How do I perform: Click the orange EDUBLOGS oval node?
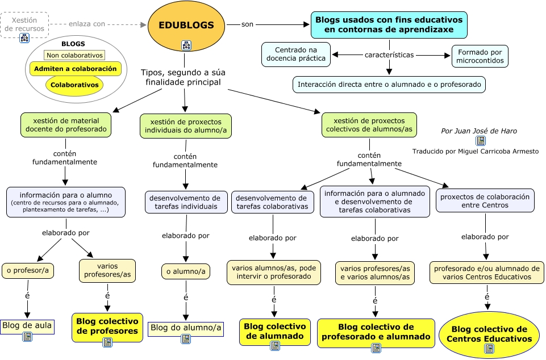[186, 26]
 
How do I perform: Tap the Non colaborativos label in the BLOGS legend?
[75, 55]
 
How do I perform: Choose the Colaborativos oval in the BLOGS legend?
[75, 85]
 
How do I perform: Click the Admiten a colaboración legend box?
[75, 69]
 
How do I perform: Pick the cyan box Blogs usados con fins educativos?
[389, 24]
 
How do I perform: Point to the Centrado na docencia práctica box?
[296, 54]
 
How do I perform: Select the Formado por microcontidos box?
[480, 56]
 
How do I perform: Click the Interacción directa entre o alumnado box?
[390, 85]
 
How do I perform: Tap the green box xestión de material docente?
[66, 125]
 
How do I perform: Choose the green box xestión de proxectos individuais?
[185, 125]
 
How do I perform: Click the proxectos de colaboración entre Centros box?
[485, 201]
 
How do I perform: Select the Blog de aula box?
[27, 326]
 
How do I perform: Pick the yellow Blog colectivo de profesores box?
[107, 326]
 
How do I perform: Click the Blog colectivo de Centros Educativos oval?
[488, 334]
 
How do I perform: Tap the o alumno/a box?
[186, 271]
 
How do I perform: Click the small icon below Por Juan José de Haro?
[480, 140]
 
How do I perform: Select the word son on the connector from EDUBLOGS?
[247, 24]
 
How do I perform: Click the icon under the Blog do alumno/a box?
[186, 339]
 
